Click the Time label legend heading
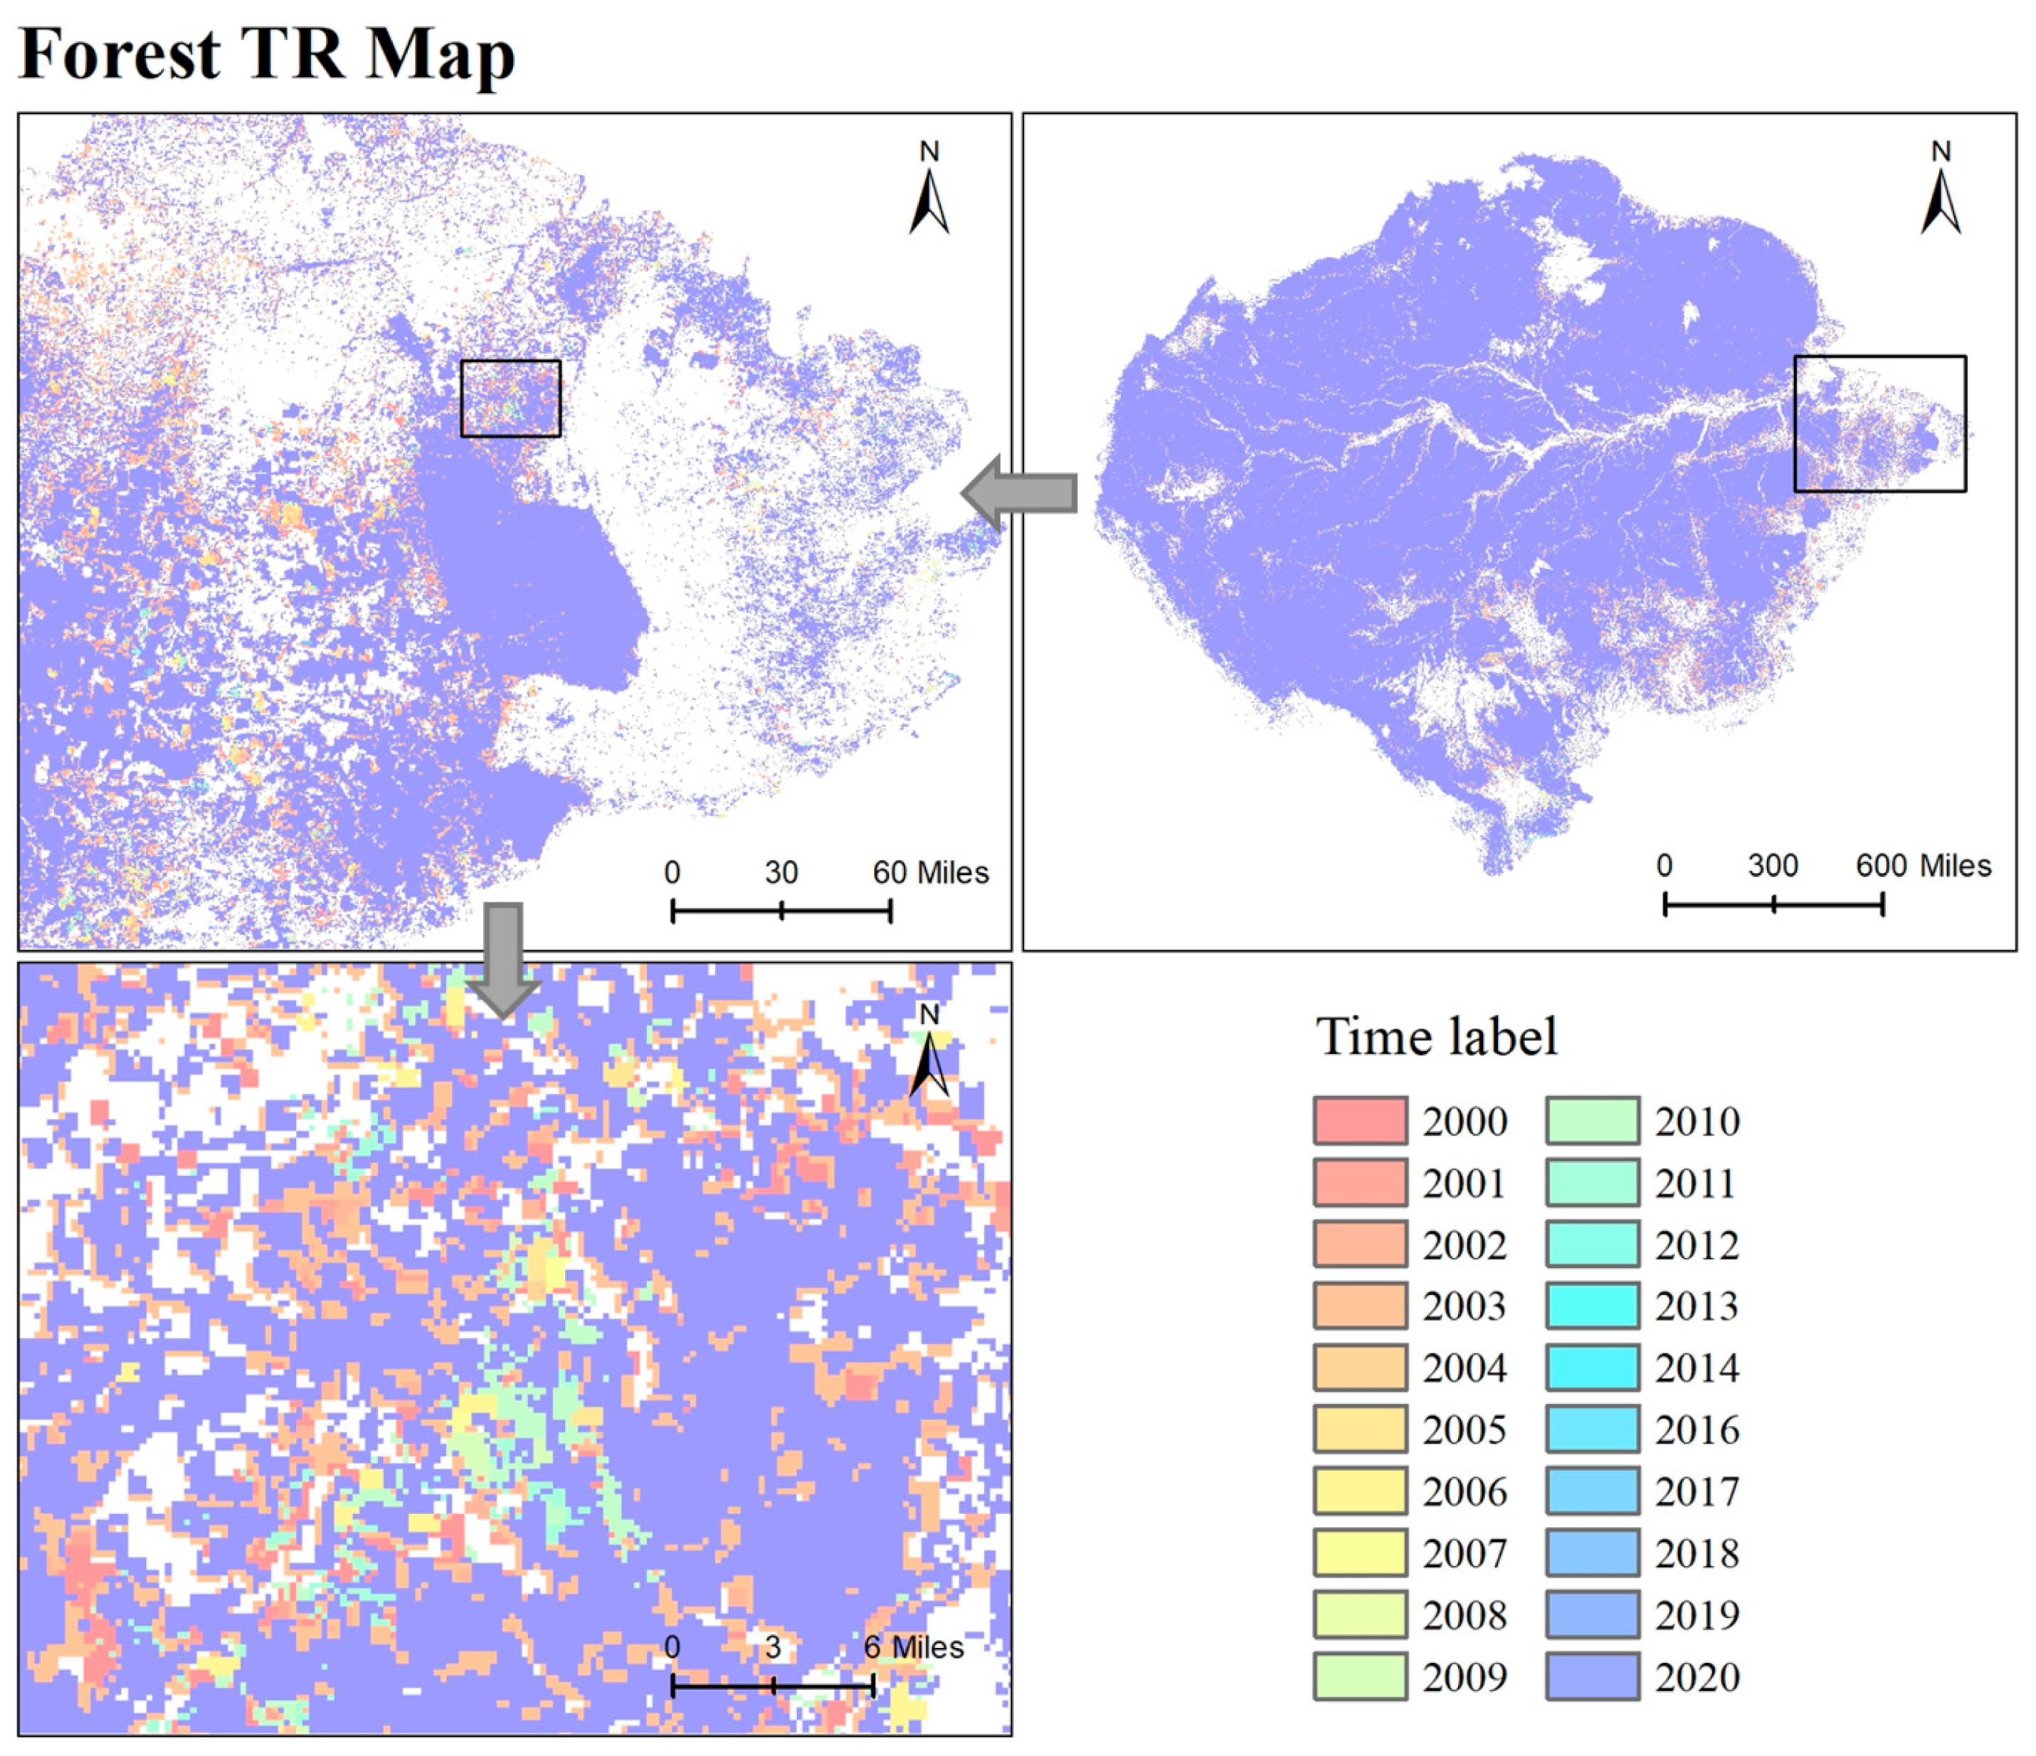1437,1037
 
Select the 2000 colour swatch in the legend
1360,1120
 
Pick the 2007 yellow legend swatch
1360,1553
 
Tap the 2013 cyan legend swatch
1592,1306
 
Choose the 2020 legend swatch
1592,1676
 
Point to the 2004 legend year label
1464,1368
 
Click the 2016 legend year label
1697,1429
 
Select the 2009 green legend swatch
1360,1676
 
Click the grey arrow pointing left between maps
1020,492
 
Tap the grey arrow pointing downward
504,959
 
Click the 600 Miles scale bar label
1923,866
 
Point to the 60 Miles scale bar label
931,872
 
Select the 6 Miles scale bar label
914,1648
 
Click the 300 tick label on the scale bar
1773,866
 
